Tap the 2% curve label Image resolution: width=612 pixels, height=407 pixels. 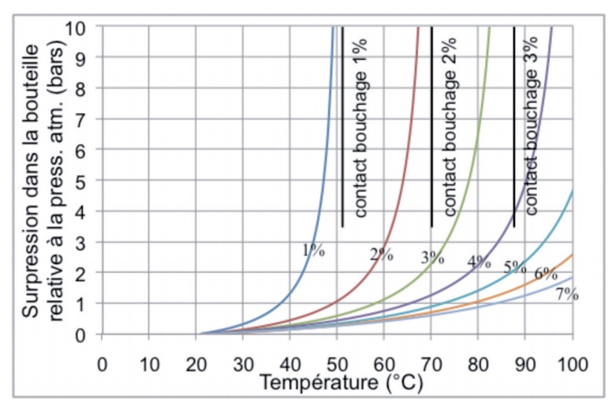381,253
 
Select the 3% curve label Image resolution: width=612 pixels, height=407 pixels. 432,256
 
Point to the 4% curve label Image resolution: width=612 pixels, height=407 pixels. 480,262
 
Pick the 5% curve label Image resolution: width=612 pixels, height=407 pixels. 515,266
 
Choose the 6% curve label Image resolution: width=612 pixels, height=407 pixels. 547,274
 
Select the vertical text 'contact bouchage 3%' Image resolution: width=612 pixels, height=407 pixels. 532,127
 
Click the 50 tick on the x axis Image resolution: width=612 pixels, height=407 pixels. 338,365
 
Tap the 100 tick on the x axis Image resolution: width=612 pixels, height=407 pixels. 573,365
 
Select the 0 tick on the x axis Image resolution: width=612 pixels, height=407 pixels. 101,365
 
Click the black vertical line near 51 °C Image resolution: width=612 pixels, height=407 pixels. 341,126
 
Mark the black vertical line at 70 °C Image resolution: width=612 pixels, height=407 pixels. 431,126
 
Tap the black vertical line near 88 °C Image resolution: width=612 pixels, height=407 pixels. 514,126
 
